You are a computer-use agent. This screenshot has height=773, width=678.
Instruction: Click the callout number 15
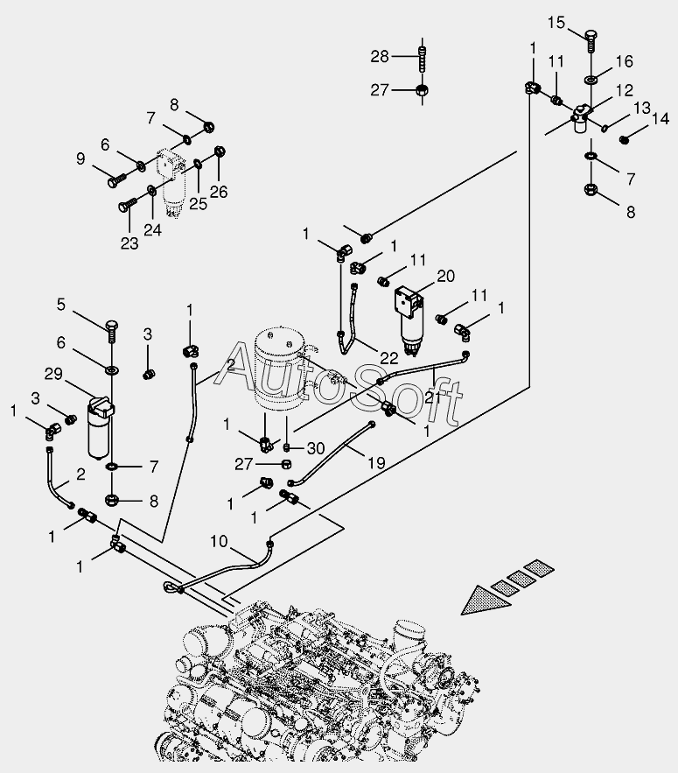pyautogui.click(x=556, y=23)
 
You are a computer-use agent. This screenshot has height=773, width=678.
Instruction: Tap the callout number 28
pyautogui.click(x=380, y=57)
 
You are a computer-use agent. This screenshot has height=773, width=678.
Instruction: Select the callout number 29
pyautogui.click(x=53, y=374)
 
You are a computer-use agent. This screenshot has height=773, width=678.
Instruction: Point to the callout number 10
pyautogui.click(x=219, y=541)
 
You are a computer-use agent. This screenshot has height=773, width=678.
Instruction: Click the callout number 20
pyautogui.click(x=445, y=276)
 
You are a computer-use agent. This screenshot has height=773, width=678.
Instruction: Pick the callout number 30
pyautogui.click(x=316, y=448)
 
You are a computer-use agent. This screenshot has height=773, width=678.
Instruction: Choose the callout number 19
pyautogui.click(x=376, y=463)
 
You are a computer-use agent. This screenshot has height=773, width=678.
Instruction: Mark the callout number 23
pyautogui.click(x=129, y=243)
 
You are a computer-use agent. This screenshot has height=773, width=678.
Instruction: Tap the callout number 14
pyautogui.click(x=661, y=119)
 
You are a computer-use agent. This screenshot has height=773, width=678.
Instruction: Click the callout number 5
pyautogui.click(x=60, y=305)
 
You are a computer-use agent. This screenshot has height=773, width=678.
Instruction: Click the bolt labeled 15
pyautogui.click(x=591, y=41)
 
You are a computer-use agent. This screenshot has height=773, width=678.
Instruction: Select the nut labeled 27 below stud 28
pyautogui.click(x=423, y=90)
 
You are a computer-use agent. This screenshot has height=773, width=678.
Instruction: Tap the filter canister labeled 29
pyautogui.click(x=100, y=427)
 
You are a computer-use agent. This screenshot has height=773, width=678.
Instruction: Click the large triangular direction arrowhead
pyautogui.click(x=485, y=600)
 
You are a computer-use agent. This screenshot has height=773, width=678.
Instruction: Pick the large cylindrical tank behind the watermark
pyautogui.click(x=277, y=369)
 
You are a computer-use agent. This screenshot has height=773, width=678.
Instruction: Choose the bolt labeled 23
pyautogui.click(x=128, y=205)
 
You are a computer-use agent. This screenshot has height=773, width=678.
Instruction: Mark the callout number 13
pyautogui.click(x=642, y=108)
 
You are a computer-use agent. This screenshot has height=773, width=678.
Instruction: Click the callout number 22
pyautogui.click(x=388, y=358)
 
